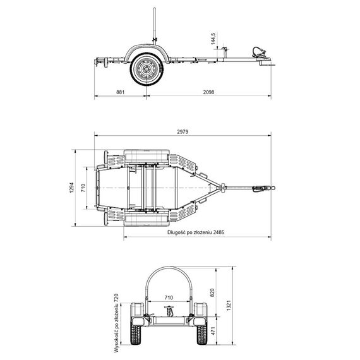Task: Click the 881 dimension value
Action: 120,92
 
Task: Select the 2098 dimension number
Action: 208,92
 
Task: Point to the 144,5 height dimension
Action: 213,39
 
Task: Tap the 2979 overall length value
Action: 183,131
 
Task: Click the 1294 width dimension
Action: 72,188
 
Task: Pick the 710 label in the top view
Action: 83,188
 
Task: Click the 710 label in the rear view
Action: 169,297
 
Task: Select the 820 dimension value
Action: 212,292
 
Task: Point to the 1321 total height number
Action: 229,305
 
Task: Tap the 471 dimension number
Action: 213,331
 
